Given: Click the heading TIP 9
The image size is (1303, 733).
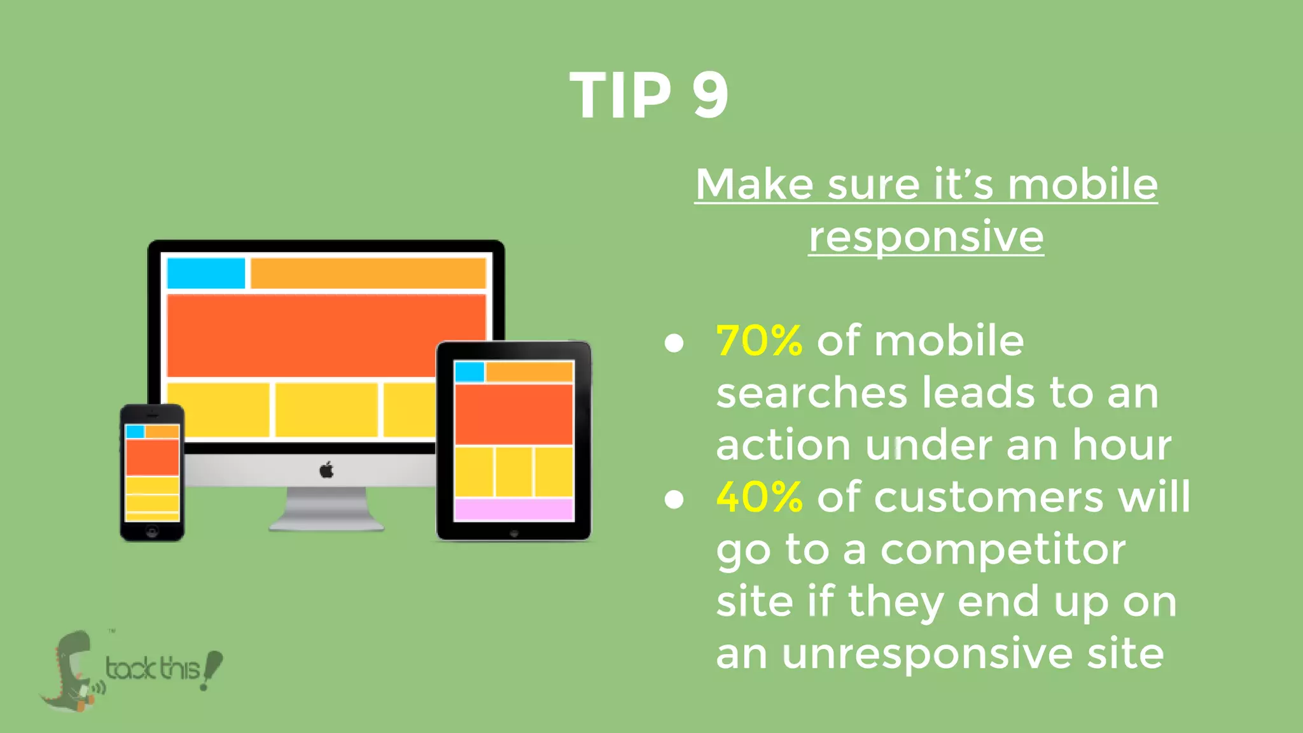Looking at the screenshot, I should click(x=649, y=95).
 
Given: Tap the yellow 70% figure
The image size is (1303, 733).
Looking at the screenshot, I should click(x=759, y=341).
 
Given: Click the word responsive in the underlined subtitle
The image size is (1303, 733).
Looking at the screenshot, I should click(x=926, y=237).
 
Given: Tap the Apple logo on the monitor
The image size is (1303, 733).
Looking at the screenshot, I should click(x=326, y=470).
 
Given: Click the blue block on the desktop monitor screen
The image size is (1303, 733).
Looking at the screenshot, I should click(x=206, y=273).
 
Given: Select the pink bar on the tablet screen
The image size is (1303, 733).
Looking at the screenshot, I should click(x=514, y=510).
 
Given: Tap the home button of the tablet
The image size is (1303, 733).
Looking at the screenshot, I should click(x=514, y=533).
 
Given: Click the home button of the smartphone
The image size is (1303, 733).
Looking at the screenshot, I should click(x=152, y=531).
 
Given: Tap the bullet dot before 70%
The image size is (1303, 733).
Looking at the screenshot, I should click(x=674, y=344).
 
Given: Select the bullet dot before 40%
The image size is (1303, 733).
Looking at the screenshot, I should click(x=674, y=499).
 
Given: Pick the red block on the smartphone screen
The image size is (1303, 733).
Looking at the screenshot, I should click(x=152, y=457).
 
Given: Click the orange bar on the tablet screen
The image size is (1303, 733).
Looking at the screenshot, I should click(x=529, y=372).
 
